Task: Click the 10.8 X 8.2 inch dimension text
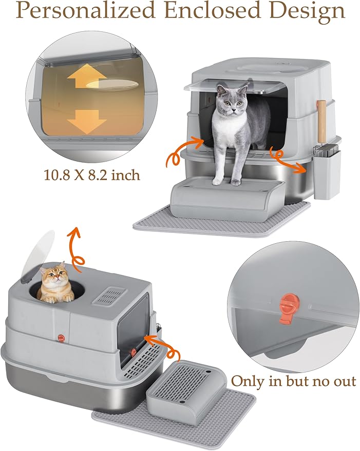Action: click(x=91, y=175)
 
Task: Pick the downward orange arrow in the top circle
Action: click(x=86, y=119)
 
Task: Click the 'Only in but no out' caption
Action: click(x=293, y=381)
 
